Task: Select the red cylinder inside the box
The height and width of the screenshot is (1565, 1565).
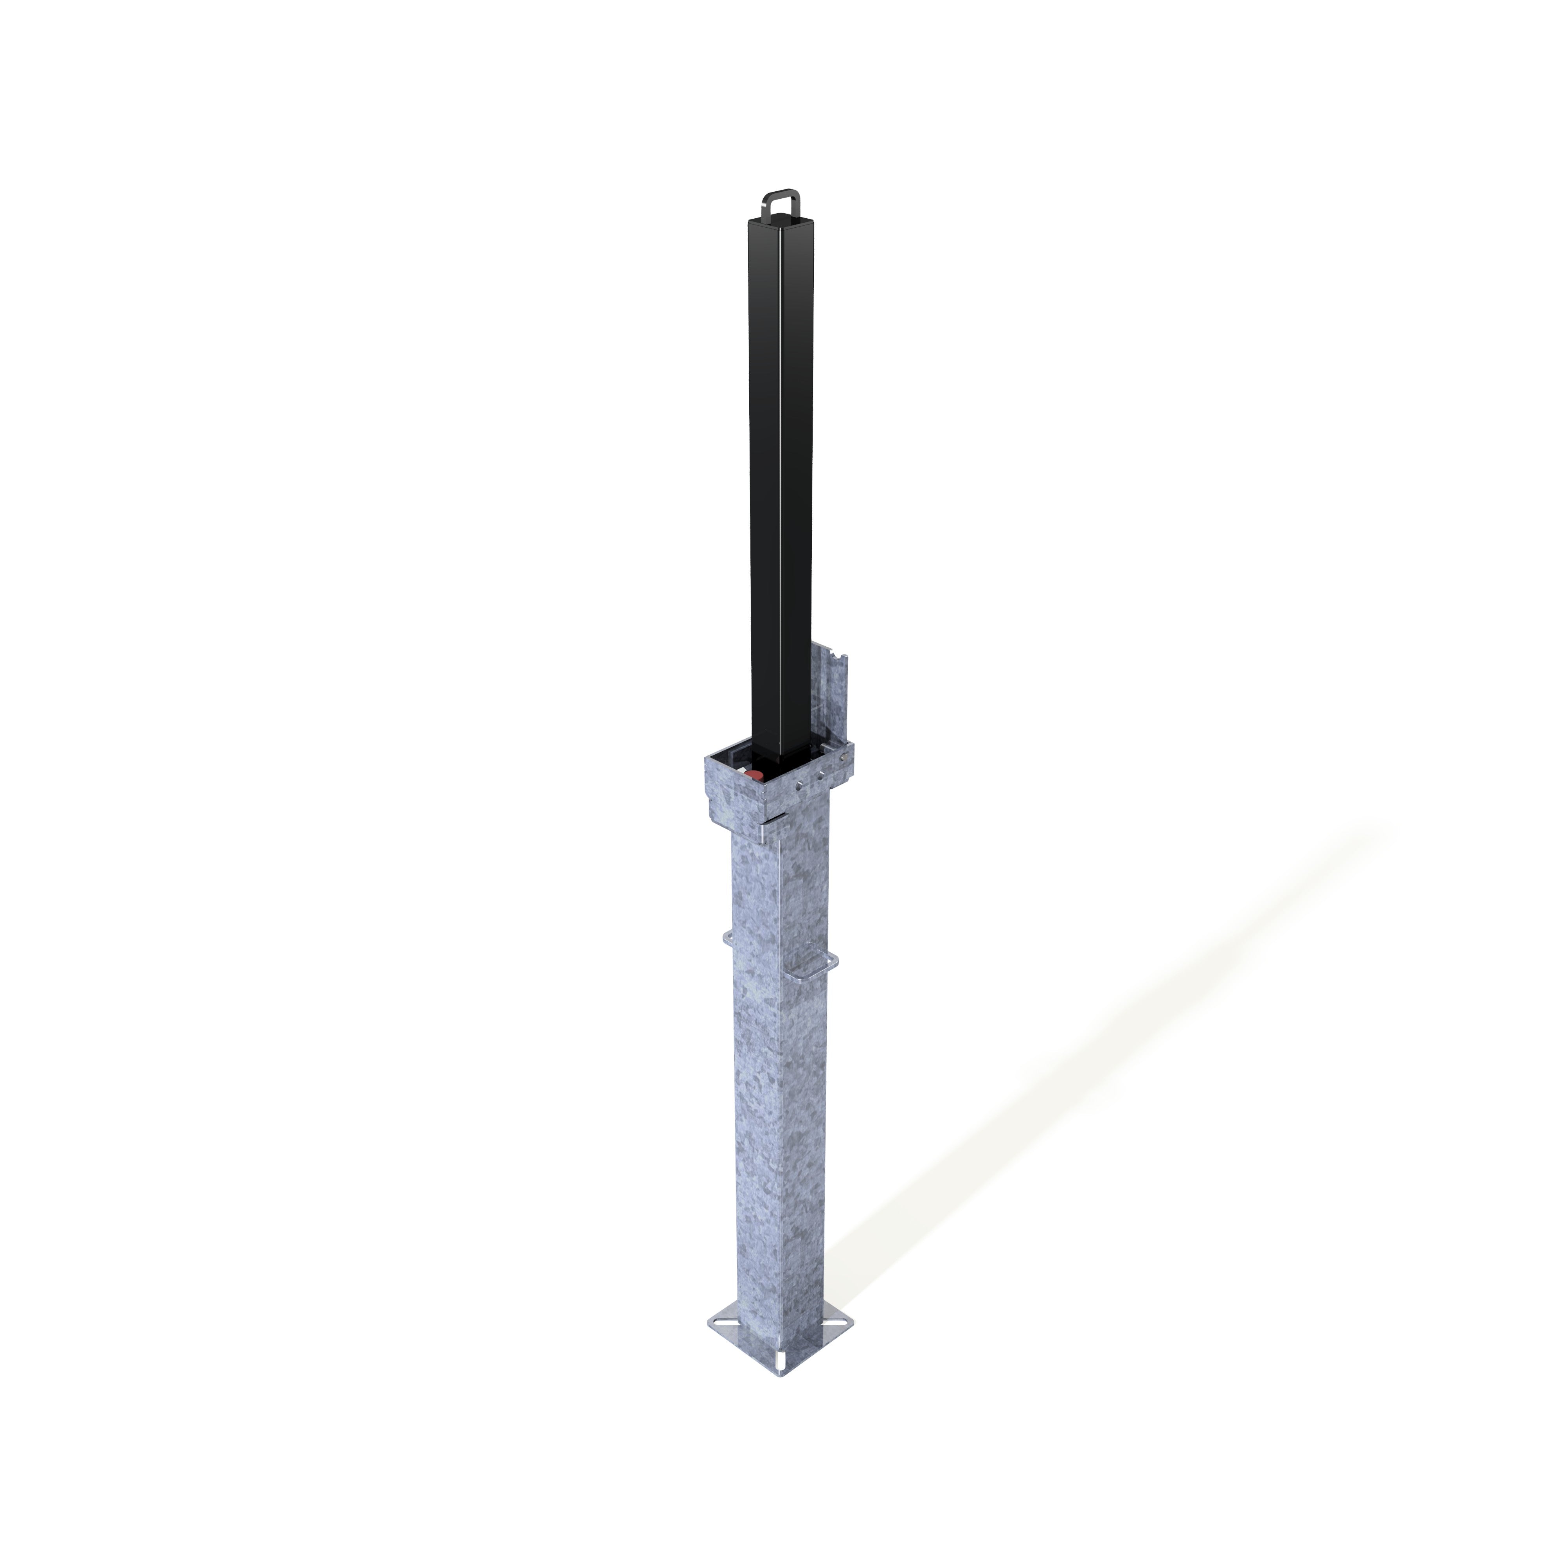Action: coord(754,777)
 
